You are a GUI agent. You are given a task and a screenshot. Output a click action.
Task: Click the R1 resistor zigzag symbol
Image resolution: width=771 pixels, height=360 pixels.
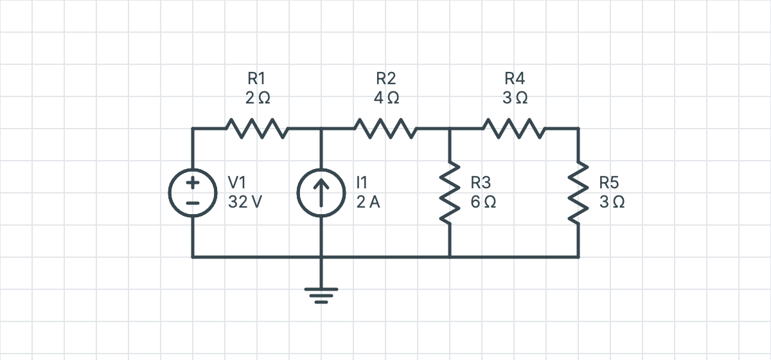[257, 129]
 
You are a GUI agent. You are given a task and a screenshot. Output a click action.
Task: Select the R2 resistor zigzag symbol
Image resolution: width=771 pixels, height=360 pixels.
[385, 129]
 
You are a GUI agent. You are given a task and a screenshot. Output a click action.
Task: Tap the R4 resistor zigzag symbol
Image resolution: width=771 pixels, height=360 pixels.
[514, 129]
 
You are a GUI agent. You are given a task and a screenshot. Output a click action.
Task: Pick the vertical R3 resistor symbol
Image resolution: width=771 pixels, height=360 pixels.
[450, 193]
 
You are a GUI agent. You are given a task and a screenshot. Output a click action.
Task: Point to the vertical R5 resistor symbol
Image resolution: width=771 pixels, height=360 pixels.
[578, 193]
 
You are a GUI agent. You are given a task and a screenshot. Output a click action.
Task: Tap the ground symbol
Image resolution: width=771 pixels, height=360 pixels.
[321, 296]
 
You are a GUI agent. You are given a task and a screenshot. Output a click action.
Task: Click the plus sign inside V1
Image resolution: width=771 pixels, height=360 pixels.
[193, 183]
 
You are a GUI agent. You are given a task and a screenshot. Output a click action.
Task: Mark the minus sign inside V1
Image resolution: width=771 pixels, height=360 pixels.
[193, 203]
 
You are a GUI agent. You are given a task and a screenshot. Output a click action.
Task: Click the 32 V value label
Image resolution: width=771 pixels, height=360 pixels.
[245, 202]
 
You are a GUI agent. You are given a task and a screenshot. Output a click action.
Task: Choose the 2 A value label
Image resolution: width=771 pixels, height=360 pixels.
[368, 202]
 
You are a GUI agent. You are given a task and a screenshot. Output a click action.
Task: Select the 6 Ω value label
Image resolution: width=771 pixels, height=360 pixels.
[483, 202]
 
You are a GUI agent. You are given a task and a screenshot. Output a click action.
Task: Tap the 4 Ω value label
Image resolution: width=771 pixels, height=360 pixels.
[387, 98]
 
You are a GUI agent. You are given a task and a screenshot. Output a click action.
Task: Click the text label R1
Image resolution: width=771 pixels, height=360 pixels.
[256, 78]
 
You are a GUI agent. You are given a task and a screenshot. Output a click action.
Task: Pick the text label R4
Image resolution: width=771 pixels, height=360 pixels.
[515, 78]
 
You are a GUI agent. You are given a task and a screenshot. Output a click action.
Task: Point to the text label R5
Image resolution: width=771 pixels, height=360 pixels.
[609, 183]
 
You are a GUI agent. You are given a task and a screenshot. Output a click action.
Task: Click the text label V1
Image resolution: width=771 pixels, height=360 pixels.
[237, 183]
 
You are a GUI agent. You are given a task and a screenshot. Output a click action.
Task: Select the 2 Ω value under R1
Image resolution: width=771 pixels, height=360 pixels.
[258, 98]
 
